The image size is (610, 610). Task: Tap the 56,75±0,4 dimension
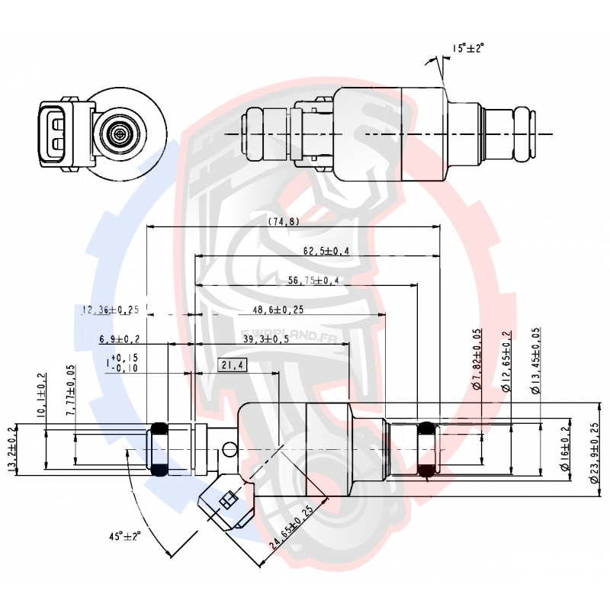313,280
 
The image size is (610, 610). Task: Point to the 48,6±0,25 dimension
278,310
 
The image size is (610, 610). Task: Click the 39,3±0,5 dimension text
265,339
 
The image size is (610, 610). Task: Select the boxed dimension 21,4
232,365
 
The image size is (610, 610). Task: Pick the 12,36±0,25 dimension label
110,310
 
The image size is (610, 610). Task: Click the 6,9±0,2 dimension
119,339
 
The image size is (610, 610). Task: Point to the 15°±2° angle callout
468,47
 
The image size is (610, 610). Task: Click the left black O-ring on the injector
160,450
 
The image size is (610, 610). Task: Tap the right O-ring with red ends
428,450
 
